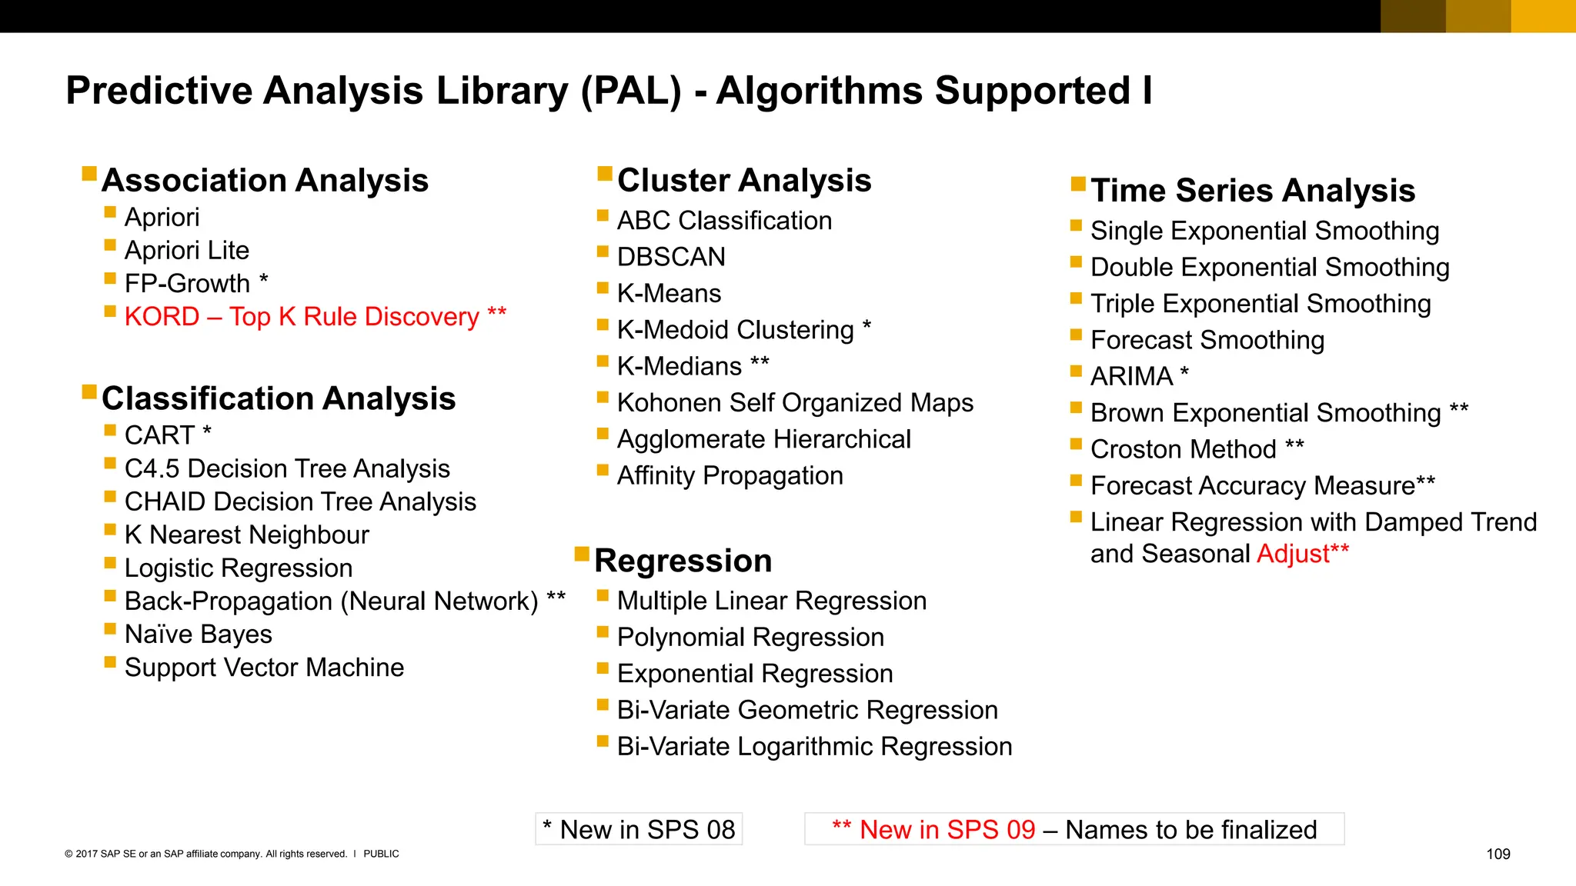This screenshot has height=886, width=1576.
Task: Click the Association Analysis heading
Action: tap(265, 181)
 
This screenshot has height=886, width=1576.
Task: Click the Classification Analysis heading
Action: tap(279, 398)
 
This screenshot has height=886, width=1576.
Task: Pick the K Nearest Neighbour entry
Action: tap(246, 535)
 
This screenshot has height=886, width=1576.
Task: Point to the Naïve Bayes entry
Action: tap(199, 634)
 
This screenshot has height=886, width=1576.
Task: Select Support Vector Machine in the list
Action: tap(264, 667)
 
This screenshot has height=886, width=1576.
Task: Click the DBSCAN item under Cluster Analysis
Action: tap(671, 257)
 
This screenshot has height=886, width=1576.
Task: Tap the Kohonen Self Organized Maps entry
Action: tap(795, 402)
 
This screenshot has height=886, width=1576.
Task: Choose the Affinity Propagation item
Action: tap(730, 475)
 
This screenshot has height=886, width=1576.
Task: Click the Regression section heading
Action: tap(683, 561)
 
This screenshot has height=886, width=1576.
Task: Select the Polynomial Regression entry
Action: tap(750, 637)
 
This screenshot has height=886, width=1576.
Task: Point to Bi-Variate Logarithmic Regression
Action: tap(814, 746)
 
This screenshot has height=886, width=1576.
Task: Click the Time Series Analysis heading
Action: tap(1253, 191)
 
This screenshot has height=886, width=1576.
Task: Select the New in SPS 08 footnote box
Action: tap(639, 829)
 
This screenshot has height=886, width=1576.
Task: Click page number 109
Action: tap(1498, 854)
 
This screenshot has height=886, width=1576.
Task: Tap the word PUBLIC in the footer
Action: tap(381, 854)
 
